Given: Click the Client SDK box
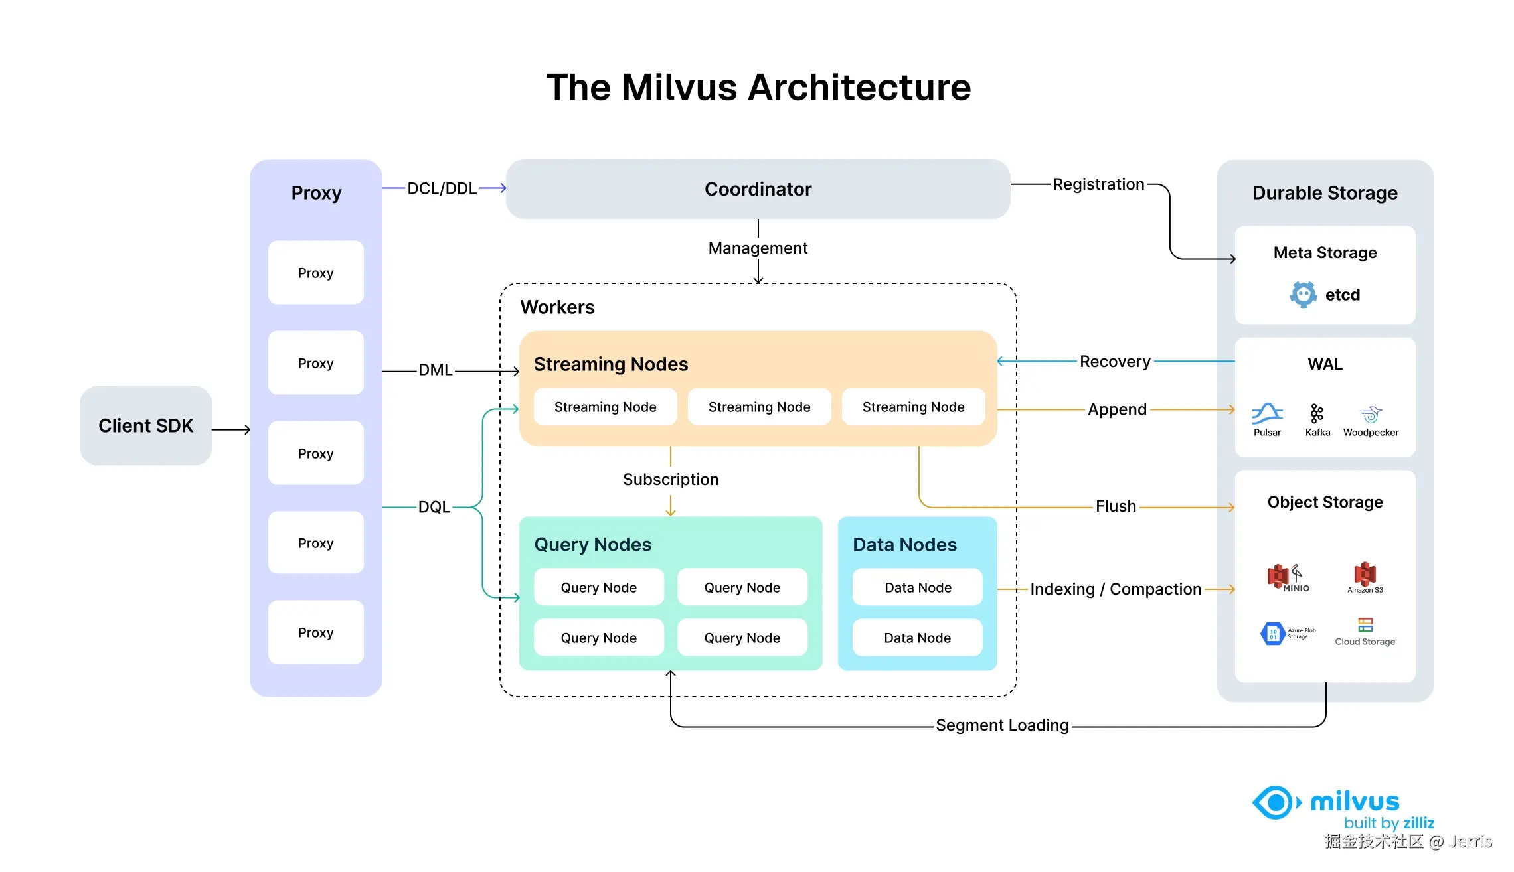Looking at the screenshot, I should tap(146, 425).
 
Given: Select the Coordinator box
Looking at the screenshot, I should tap(758, 189).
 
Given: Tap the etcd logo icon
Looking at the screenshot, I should tap(1303, 294).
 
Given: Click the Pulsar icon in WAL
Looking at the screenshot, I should tap(1267, 415).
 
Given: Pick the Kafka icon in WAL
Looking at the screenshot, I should tap(1317, 414).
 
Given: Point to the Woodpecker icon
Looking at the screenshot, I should tap(1371, 415).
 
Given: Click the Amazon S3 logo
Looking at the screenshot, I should tap(1365, 575).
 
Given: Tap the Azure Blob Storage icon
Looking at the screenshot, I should tap(1273, 634).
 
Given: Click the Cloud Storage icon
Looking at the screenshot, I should tap(1365, 625).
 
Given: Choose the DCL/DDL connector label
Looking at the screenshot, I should tap(442, 188).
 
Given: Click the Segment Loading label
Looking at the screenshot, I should tap(1002, 725).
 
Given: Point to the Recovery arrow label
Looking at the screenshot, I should tap(1115, 362).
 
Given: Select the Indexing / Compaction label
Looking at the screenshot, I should tap(1116, 589).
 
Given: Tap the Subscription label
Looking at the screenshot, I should tap(671, 480).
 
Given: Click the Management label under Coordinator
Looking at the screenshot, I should tap(758, 248).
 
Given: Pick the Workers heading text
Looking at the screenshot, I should tap(557, 307).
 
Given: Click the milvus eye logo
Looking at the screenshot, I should tap(1275, 803).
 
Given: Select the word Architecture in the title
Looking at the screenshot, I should tap(860, 88).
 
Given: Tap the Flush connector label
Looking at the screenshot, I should tap(1116, 506).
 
